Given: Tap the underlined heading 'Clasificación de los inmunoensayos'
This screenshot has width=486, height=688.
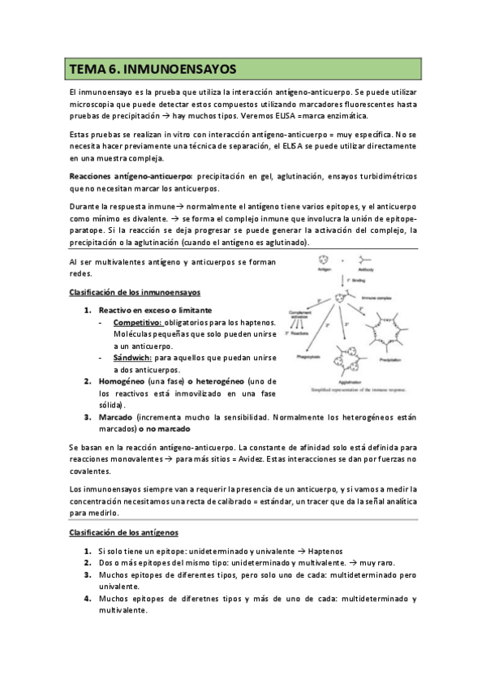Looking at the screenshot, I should coord(134,292).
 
